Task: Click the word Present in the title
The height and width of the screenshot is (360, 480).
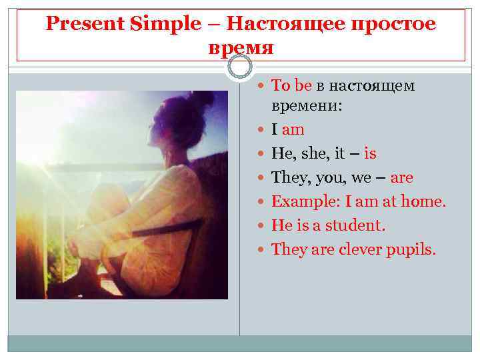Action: [x=74, y=25]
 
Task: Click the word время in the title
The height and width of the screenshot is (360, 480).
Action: [x=241, y=48]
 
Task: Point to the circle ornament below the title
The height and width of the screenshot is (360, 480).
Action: [x=240, y=67]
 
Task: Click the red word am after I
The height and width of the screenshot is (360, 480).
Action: [x=293, y=130]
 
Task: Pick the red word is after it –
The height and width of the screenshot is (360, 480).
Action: [x=370, y=154]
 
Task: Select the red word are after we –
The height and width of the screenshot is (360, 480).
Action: [x=402, y=178]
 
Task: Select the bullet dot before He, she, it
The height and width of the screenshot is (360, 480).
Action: [x=263, y=154]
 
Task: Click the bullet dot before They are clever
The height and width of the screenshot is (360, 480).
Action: [x=263, y=250]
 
